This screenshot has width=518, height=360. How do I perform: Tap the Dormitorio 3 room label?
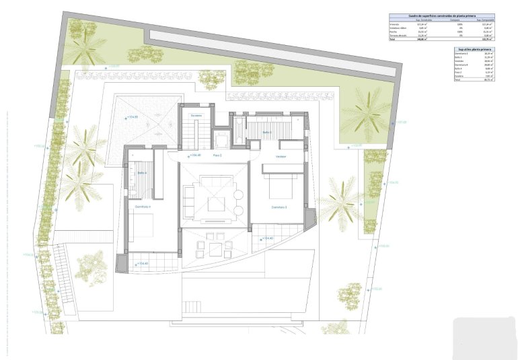279,207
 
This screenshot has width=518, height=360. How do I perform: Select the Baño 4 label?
143,173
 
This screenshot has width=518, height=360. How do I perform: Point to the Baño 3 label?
266,133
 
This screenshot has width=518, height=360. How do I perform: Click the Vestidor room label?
282,156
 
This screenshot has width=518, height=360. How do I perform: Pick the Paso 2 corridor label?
217,155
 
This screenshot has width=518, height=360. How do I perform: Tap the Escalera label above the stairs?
196,116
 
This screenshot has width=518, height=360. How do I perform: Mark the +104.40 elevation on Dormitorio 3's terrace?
266,238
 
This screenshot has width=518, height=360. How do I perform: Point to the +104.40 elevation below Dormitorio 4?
141,263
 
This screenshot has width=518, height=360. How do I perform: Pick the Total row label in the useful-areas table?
459,80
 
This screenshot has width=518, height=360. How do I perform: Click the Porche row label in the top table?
394,32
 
